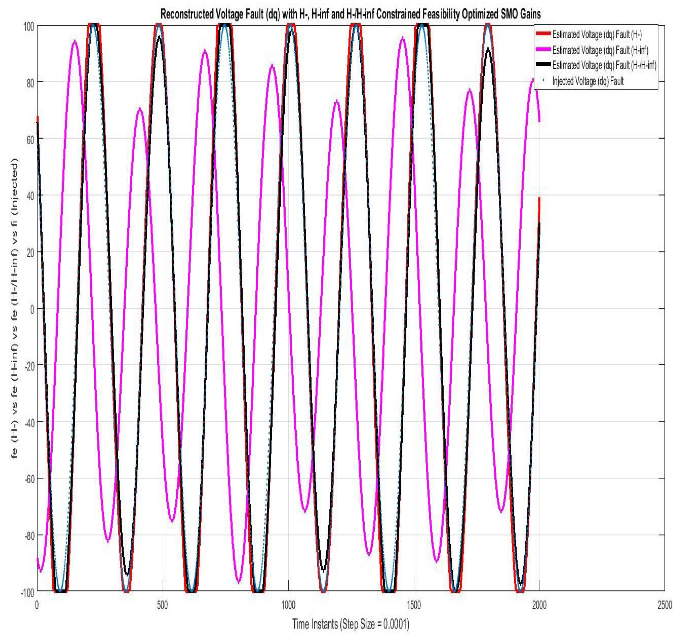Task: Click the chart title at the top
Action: coord(350,14)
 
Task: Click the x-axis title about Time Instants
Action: coord(350,624)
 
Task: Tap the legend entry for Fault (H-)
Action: coord(597,35)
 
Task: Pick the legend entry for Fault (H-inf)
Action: coord(600,50)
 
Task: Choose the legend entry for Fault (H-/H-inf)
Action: coord(604,65)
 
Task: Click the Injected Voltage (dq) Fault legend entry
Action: coord(588,81)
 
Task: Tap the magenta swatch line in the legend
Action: coord(543,50)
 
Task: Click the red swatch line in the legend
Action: coord(543,34)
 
